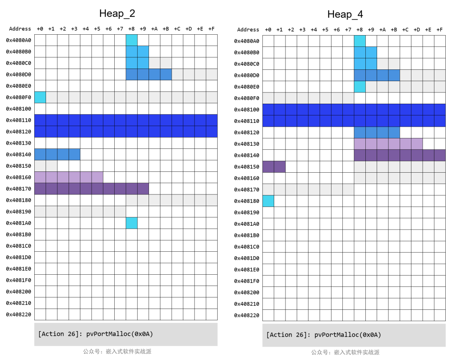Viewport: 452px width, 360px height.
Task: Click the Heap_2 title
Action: pos(117,13)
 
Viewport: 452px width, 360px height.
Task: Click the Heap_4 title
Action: pos(345,14)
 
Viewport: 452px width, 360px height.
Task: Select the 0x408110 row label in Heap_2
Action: pos(19,120)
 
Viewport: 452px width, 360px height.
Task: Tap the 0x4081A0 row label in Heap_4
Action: pos(247,224)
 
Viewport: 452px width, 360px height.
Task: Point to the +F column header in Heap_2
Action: pos(211,29)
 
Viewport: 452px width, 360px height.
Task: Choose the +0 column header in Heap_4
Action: pos(268,30)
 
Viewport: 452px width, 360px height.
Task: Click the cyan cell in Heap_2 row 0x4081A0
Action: pos(131,223)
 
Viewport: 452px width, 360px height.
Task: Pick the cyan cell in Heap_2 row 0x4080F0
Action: pos(40,97)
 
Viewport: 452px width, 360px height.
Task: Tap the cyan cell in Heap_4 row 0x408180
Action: pos(268,201)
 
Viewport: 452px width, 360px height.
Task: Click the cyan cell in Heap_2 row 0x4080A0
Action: pos(131,40)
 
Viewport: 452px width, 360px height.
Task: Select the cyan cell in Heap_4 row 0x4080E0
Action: pos(360,87)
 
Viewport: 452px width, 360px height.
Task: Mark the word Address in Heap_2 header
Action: pos(20,29)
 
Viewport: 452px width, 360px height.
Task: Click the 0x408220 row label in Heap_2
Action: pos(19,314)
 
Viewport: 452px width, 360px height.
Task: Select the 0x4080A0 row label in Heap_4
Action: pos(247,41)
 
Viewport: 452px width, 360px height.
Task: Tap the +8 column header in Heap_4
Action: pos(360,30)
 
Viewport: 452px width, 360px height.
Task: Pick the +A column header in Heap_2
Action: pos(154,29)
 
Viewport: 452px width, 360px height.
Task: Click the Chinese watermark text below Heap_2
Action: pos(117,352)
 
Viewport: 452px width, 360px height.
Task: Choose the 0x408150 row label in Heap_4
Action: pos(247,166)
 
